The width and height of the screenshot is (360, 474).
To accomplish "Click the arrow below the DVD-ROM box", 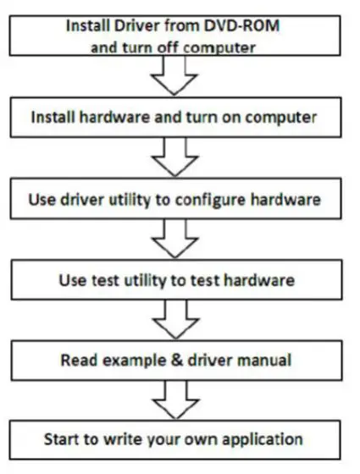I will pyautogui.click(x=178, y=83).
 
